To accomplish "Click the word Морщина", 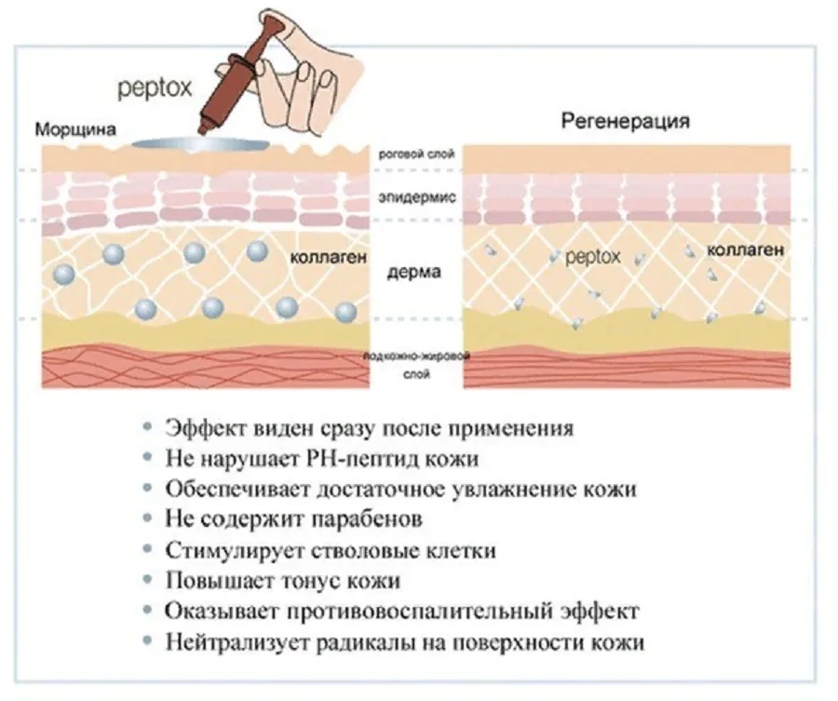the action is tap(76, 129).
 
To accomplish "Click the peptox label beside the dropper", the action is tap(154, 88).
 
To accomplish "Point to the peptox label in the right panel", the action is tap(593, 255).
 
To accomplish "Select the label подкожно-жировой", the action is tap(416, 357).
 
